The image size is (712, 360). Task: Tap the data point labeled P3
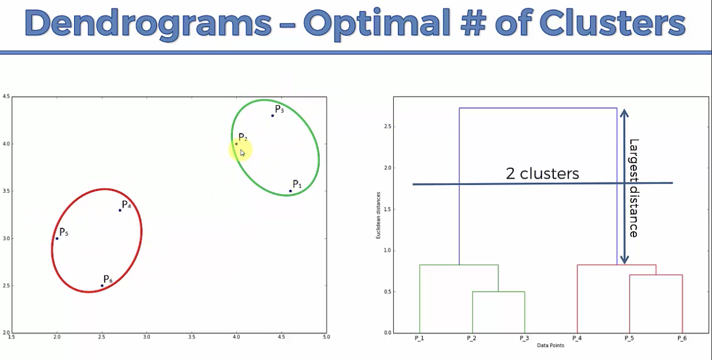pos(272,115)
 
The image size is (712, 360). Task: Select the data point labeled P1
pos(290,191)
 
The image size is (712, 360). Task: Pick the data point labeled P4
pos(120,210)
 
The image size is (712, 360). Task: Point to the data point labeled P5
pos(57,238)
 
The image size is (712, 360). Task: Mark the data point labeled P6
pos(102,285)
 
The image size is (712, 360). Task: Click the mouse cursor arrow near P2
pos(242,153)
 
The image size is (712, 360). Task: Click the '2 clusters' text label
pos(542,174)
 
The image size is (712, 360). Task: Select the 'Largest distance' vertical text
pos(633,188)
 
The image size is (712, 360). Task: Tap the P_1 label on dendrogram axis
pos(419,338)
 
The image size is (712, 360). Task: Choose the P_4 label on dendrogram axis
pos(577,338)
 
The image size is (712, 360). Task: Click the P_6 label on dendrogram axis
pos(682,338)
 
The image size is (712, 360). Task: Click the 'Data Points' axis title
pos(550,344)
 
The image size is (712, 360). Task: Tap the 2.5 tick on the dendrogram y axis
pos(387,127)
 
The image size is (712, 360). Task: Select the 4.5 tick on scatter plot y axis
pos(6,97)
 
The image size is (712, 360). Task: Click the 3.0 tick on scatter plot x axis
pos(146,337)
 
